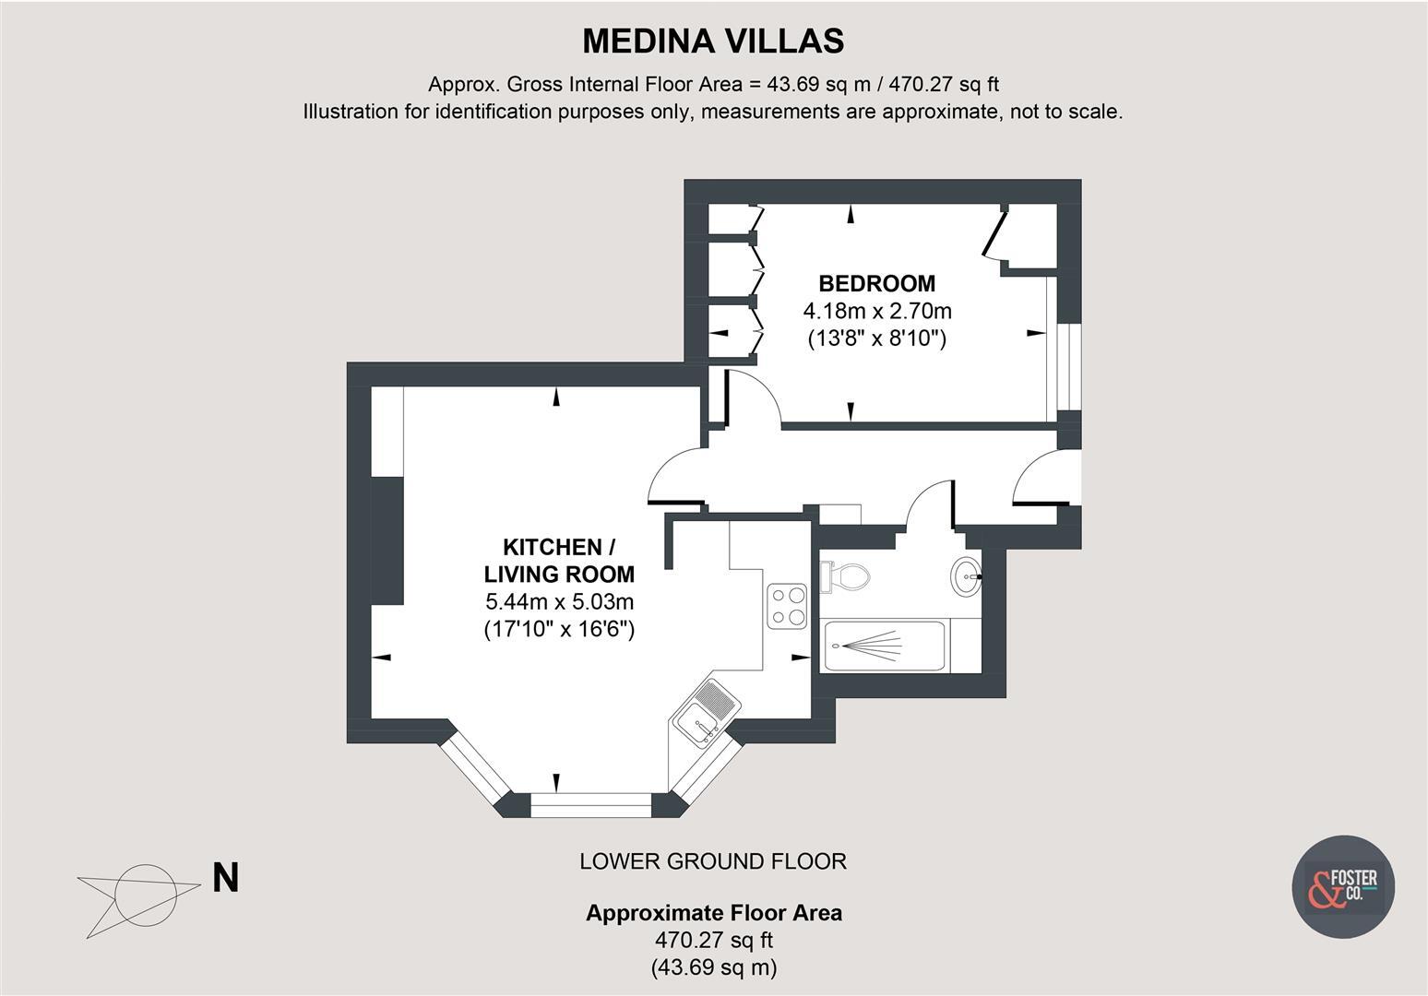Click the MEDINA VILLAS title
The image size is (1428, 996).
tap(713, 41)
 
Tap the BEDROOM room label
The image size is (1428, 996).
tap(877, 283)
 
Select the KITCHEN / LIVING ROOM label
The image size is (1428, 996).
tap(559, 560)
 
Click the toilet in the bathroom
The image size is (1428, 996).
tap(846, 576)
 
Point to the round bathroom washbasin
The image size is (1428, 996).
tap(966, 577)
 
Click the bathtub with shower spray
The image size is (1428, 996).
tap(884, 646)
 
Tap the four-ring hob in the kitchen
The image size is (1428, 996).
tap(787, 606)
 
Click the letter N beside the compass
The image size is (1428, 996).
tap(225, 878)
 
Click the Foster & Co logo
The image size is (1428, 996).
tap(1342, 886)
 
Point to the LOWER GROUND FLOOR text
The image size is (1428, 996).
tap(713, 861)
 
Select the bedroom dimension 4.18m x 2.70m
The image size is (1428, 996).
tap(877, 311)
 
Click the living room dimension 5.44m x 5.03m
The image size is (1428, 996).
tap(559, 602)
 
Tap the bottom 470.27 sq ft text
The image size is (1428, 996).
tap(713, 941)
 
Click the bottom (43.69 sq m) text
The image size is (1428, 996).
tap(713, 967)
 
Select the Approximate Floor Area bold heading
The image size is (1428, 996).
tap(713, 913)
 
